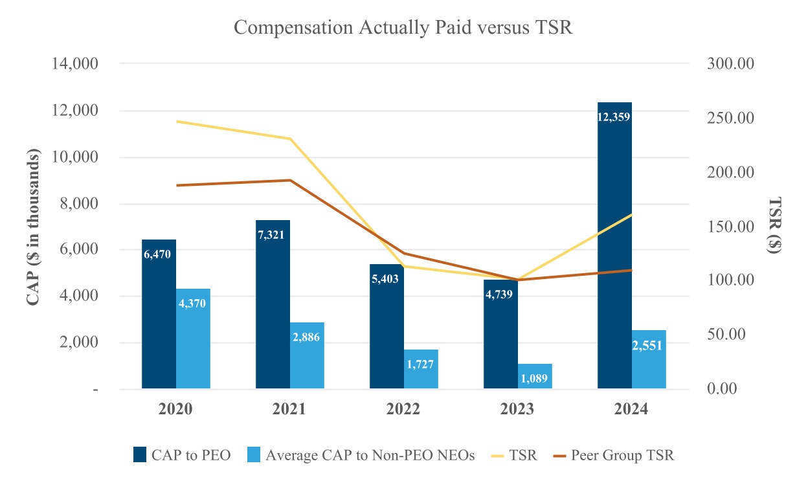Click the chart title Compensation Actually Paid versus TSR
403,28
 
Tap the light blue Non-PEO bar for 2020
193,339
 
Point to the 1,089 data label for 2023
535,378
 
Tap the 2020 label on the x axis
175,410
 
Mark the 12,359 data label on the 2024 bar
614,117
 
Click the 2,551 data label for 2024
649,345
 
